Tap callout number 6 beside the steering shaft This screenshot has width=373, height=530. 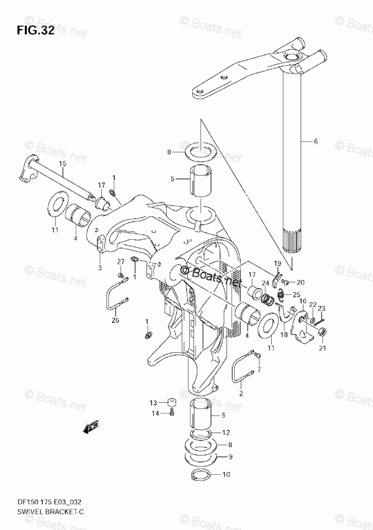316,142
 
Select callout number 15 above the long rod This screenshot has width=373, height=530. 63,163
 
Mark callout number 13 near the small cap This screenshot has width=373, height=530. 153,402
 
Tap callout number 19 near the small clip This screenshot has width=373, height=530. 278,263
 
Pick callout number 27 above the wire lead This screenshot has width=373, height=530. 121,261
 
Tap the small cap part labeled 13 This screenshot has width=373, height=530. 170,402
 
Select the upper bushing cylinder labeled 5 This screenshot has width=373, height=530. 200,181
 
